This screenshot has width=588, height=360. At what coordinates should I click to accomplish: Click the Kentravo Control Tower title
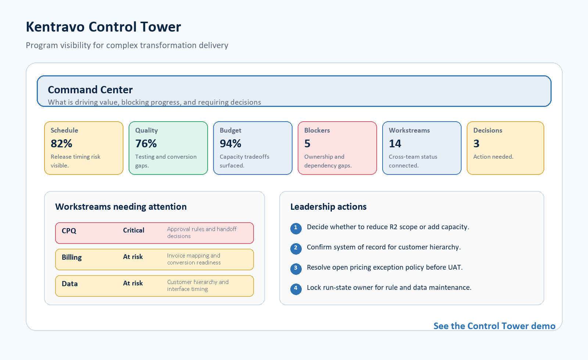click(x=103, y=27)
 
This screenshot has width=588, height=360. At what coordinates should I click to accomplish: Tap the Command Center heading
click(x=90, y=90)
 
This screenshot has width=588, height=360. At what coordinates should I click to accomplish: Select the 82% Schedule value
click(x=61, y=144)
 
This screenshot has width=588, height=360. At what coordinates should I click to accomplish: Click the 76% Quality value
click(x=146, y=144)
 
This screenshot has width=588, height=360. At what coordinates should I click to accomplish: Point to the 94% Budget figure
click(x=230, y=144)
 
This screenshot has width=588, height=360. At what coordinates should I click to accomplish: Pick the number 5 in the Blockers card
click(x=307, y=144)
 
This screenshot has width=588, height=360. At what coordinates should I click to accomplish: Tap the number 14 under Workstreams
click(x=395, y=144)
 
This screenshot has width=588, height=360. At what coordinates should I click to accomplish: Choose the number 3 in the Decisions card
click(x=476, y=144)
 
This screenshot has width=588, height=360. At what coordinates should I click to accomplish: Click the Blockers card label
click(x=317, y=130)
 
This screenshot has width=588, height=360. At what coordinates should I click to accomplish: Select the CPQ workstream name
click(x=69, y=231)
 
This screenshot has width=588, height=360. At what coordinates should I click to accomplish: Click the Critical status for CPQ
click(x=134, y=230)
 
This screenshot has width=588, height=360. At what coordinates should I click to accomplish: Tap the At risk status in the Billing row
click(x=133, y=257)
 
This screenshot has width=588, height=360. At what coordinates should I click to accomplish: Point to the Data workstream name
click(x=70, y=284)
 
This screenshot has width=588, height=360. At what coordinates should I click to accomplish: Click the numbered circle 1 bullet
click(x=296, y=228)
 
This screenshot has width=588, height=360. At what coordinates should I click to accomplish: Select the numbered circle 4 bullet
click(x=296, y=289)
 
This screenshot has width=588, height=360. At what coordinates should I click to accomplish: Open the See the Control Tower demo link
click(x=495, y=326)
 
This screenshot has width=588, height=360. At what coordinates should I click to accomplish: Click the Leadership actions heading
click(x=329, y=207)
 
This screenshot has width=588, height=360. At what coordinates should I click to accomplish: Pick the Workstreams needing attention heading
click(x=121, y=207)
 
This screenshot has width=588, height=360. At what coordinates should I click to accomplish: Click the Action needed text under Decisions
click(x=493, y=156)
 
